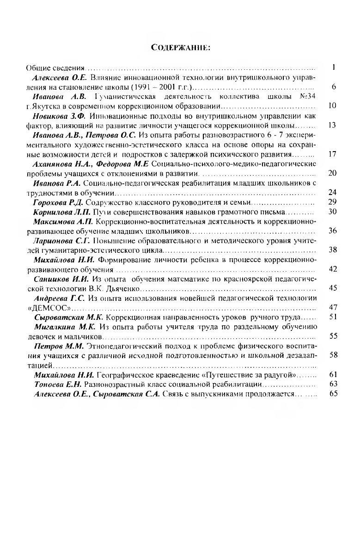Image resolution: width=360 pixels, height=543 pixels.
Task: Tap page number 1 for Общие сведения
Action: click(333, 67)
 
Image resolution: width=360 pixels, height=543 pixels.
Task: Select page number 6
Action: click(333, 87)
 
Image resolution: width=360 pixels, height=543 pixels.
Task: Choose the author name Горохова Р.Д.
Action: click(59, 202)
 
